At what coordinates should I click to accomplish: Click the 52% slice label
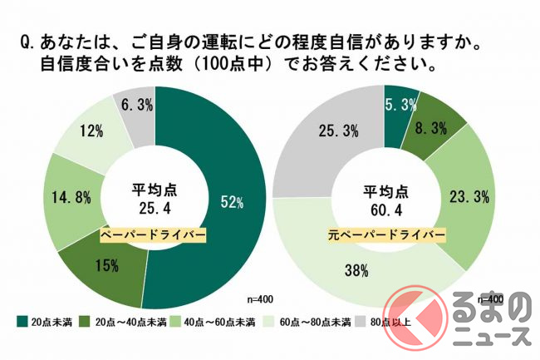coord(232,201)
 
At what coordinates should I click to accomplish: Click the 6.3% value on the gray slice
coord(135,103)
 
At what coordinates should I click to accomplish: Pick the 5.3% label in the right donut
coord(400,104)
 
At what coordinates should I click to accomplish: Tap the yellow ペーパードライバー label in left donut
coord(154,235)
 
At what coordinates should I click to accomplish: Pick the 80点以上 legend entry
coord(381,321)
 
